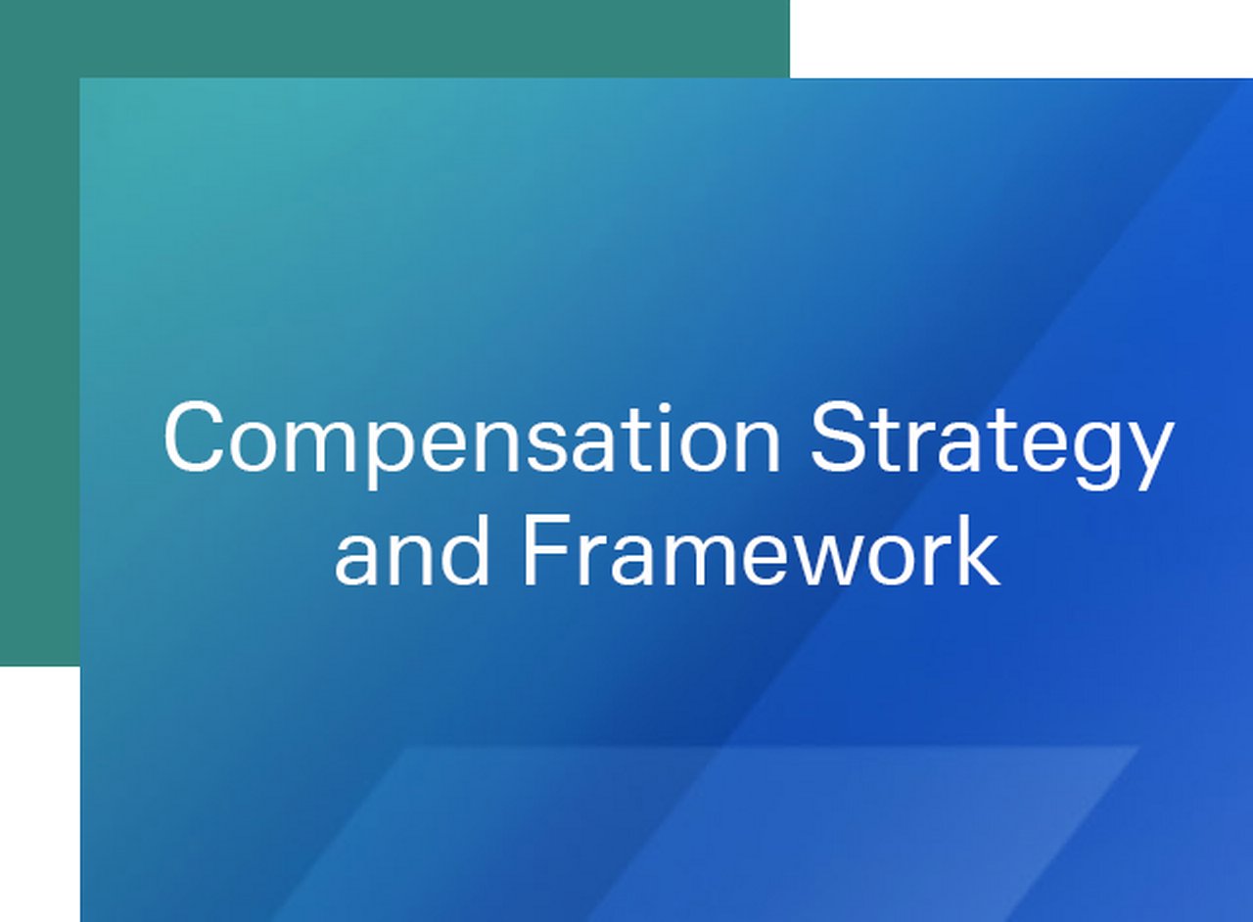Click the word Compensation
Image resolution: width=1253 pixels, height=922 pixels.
[472, 439]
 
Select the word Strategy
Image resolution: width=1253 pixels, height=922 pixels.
[991, 439]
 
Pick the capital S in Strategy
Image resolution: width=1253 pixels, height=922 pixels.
[839, 438]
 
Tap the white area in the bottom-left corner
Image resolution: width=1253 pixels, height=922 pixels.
[39, 793]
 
